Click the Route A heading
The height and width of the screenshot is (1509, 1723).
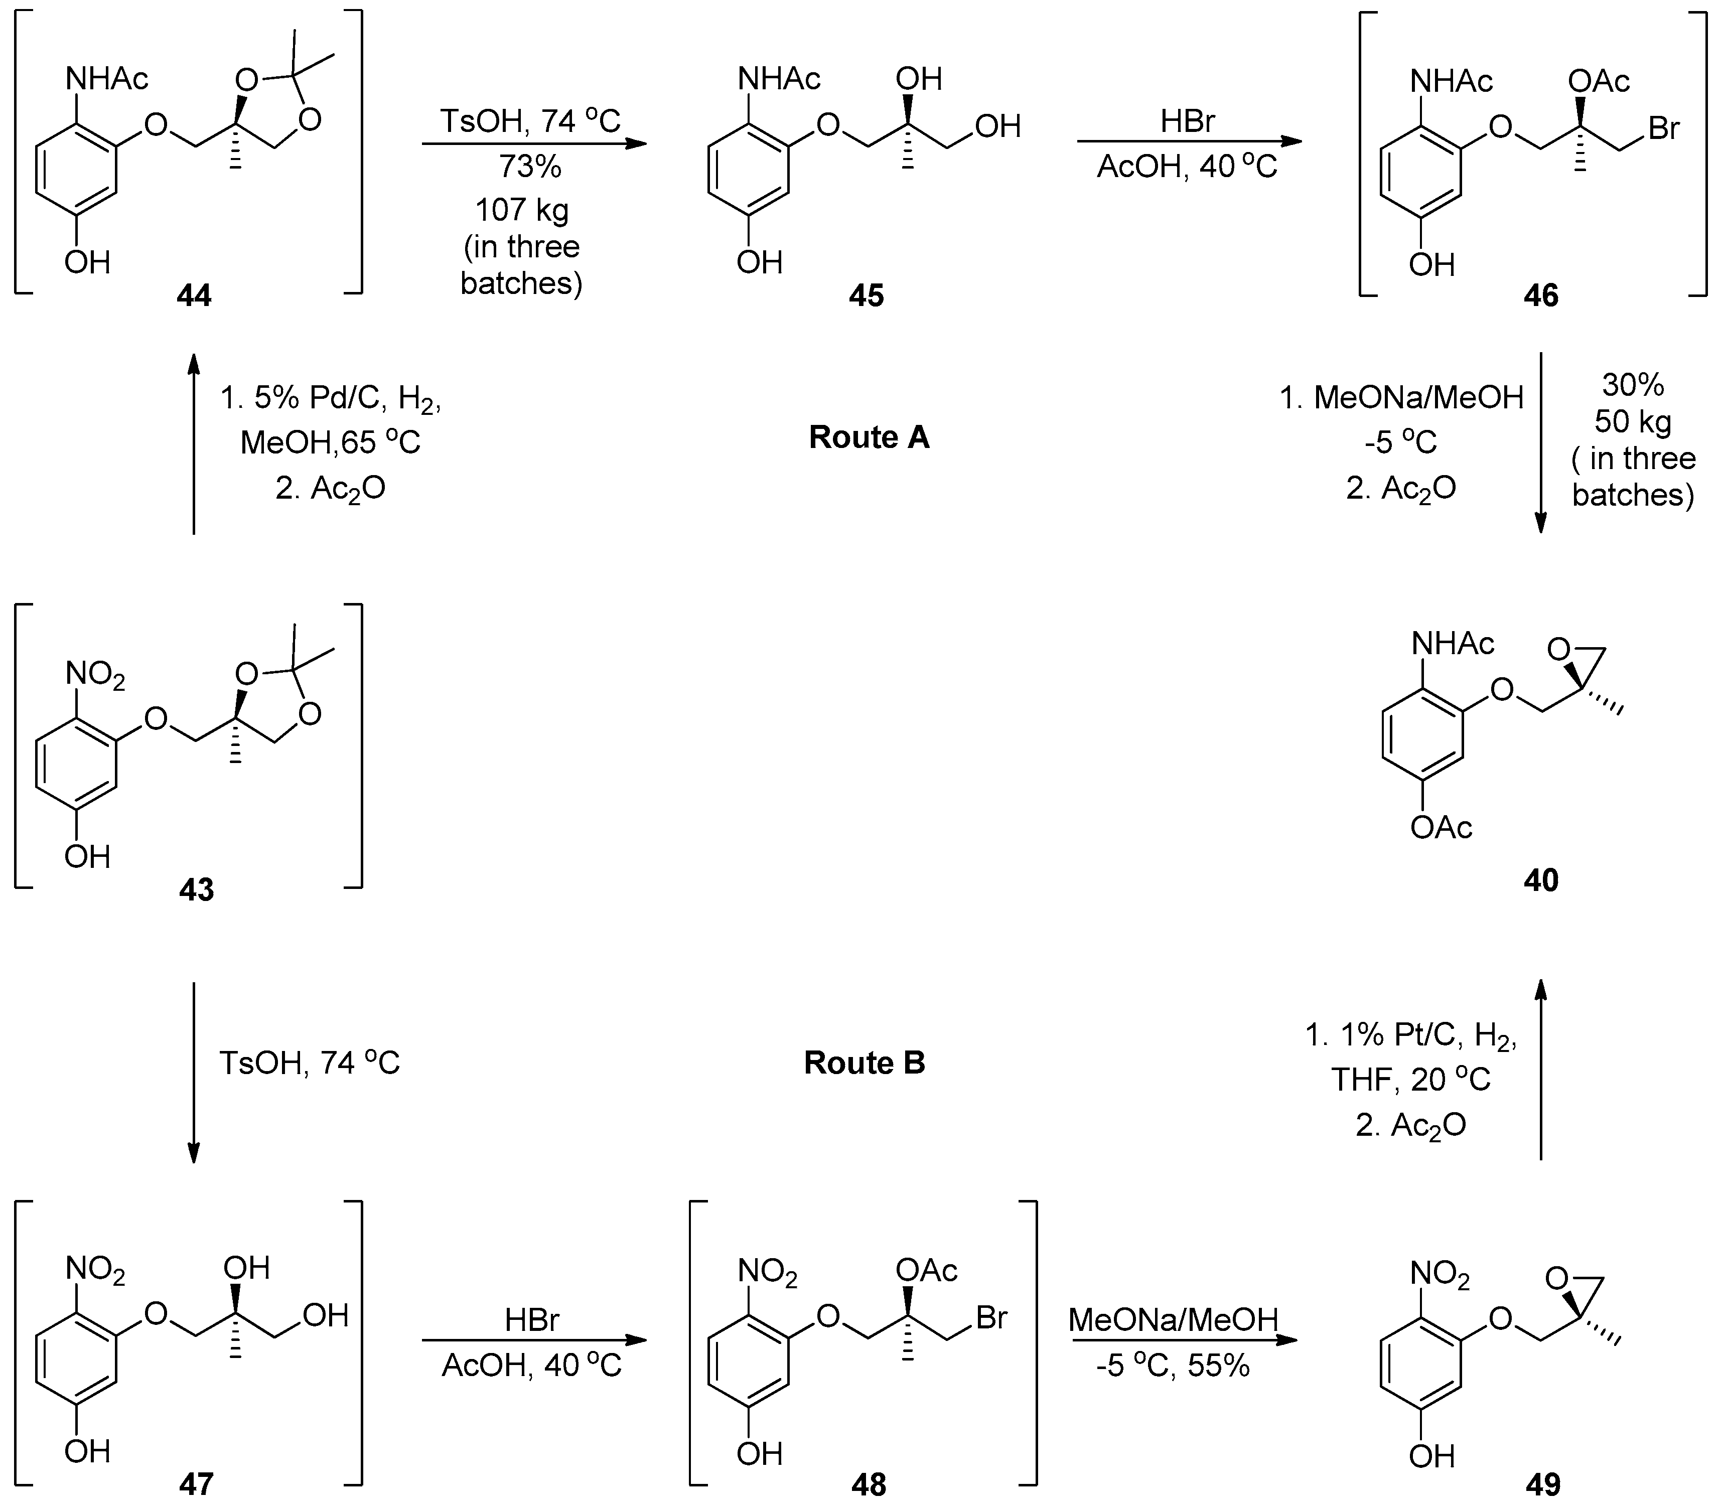point(868,438)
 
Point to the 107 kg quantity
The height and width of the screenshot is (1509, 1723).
point(522,208)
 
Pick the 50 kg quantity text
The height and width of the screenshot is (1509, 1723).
point(1633,421)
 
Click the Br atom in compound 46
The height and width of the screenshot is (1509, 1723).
point(1664,129)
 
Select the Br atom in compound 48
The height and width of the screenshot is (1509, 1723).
point(991,1318)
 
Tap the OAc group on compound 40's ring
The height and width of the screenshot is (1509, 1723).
point(1441,828)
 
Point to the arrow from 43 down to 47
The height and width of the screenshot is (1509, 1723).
point(194,1072)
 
